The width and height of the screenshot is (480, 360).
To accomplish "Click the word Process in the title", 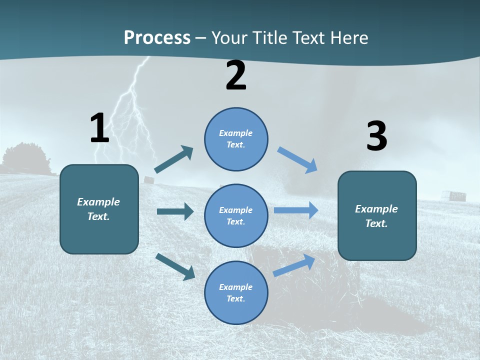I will point(157,38).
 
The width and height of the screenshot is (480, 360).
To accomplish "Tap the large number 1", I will point(99,128).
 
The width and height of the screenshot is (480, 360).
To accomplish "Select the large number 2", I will point(236,76).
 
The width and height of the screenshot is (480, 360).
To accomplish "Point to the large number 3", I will point(376,137).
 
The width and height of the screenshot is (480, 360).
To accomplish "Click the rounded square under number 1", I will point(99,209).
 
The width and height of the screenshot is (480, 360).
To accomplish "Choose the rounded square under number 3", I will point(377,215).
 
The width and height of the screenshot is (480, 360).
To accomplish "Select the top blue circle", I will point(236,139).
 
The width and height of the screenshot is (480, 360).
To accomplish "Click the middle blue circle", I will point(236,215).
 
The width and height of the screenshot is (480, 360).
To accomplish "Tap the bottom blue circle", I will point(236,292).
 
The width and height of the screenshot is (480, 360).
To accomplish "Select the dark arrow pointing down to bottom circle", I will point(175,266).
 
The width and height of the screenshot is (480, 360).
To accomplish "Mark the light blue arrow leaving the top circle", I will point(297,159).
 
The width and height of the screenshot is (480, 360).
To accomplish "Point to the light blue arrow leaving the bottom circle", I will point(294,265).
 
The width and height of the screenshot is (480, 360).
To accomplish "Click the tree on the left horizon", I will point(25,157).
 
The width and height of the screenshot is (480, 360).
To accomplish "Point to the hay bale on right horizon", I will point(457,195).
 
